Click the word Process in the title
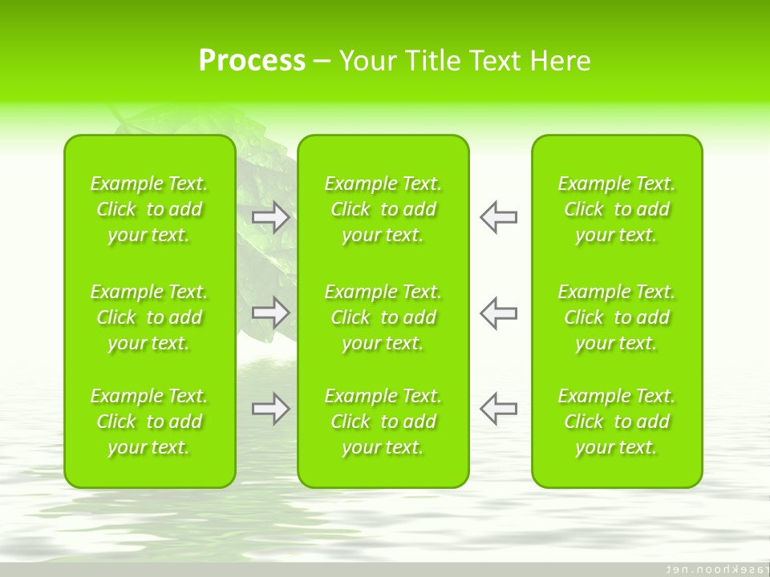pyautogui.click(x=252, y=61)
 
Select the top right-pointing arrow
pyautogui.click(x=271, y=217)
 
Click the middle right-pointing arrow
pyautogui.click(x=271, y=313)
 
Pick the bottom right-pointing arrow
pyautogui.click(x=271, y=409)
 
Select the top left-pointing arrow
pyautogui.click(x=499, y=217)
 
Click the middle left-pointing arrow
pyautogui.click(x=499, y=313)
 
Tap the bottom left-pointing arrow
pyautogui.click(x=499, y=409)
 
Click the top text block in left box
pyautogui.click(x=149, y=209)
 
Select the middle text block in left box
pyautogui.click(x=149, y=317)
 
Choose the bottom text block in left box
pyautogui.click(x=149, y=422)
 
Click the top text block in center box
pyautogui.click(x=383, y=209)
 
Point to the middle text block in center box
pyautogui.click(x=383, y=317)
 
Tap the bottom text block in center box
pyautogui.click(x=383, y=422)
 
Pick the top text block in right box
pyautogui.click(x=617, y=209)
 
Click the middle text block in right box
pyautogui.click(x=617, y=317)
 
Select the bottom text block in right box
pyautogui.click(x=617, y=422)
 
